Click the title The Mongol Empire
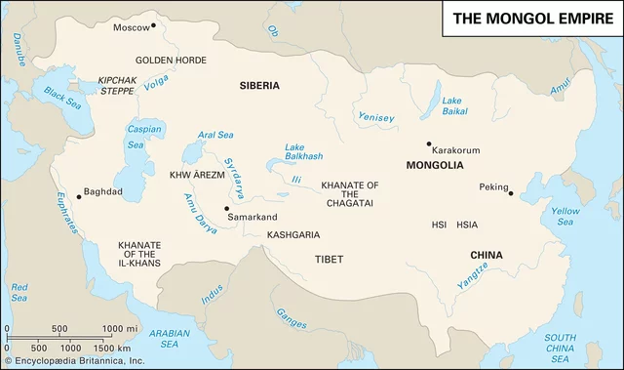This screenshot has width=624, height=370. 531,19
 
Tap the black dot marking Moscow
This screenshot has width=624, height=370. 153,24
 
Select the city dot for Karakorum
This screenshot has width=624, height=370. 427,144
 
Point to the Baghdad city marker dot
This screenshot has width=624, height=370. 79,195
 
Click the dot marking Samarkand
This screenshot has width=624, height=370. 226,208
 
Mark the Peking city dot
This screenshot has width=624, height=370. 510,193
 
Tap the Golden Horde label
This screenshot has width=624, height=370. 171,60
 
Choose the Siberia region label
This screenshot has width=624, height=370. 259,86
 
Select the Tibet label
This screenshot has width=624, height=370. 330,260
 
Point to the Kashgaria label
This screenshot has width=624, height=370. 293,235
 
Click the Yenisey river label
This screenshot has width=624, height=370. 376,118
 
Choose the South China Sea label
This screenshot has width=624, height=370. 562,343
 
